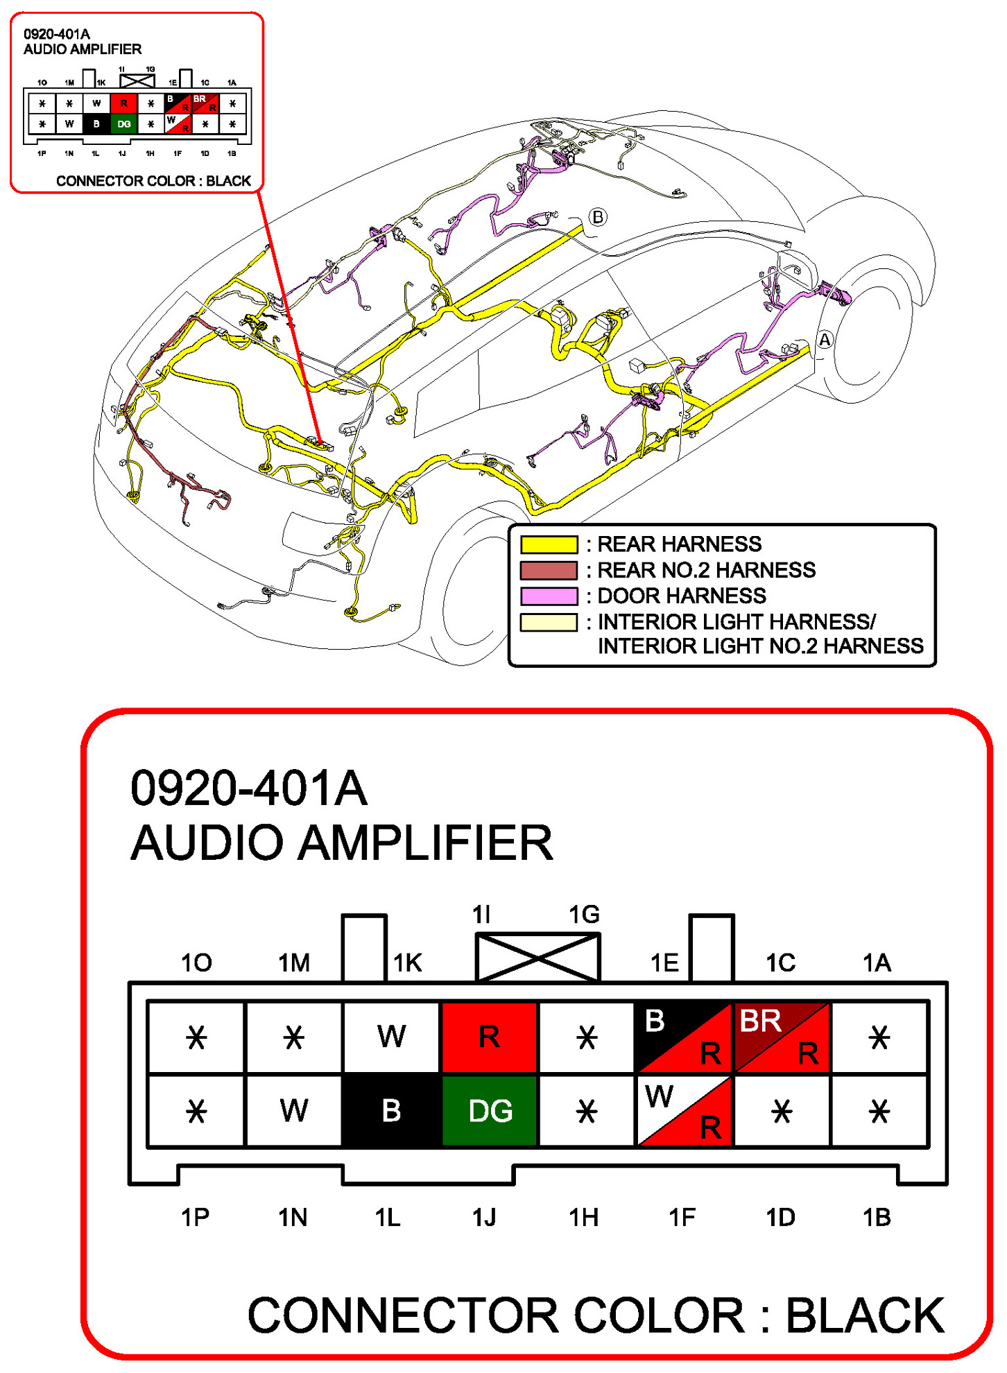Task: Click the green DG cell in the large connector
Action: point(490,1110)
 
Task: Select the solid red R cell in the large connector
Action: point(490,1037)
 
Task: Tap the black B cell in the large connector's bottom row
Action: point(392,1110)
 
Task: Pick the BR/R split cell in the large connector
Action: point(782,1037)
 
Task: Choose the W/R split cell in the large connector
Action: point(685,1110)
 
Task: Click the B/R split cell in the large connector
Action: point(685,1037)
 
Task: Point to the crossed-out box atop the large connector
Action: point(537,957)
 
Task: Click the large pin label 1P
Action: point(195,1217)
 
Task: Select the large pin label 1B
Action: point(877,1217)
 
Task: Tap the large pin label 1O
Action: point(196,962)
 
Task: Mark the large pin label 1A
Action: point(877,962)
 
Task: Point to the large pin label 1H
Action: point(583,1217)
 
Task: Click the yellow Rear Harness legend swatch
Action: point(549,544)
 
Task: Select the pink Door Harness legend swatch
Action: point(549,596)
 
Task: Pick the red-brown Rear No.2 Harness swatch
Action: point(549,570)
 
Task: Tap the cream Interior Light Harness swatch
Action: point(549,622)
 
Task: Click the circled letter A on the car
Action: point(825,340)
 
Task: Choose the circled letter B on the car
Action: point(598,217)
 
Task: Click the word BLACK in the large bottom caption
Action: point(865,1315)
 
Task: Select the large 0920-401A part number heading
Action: point(249,788)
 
